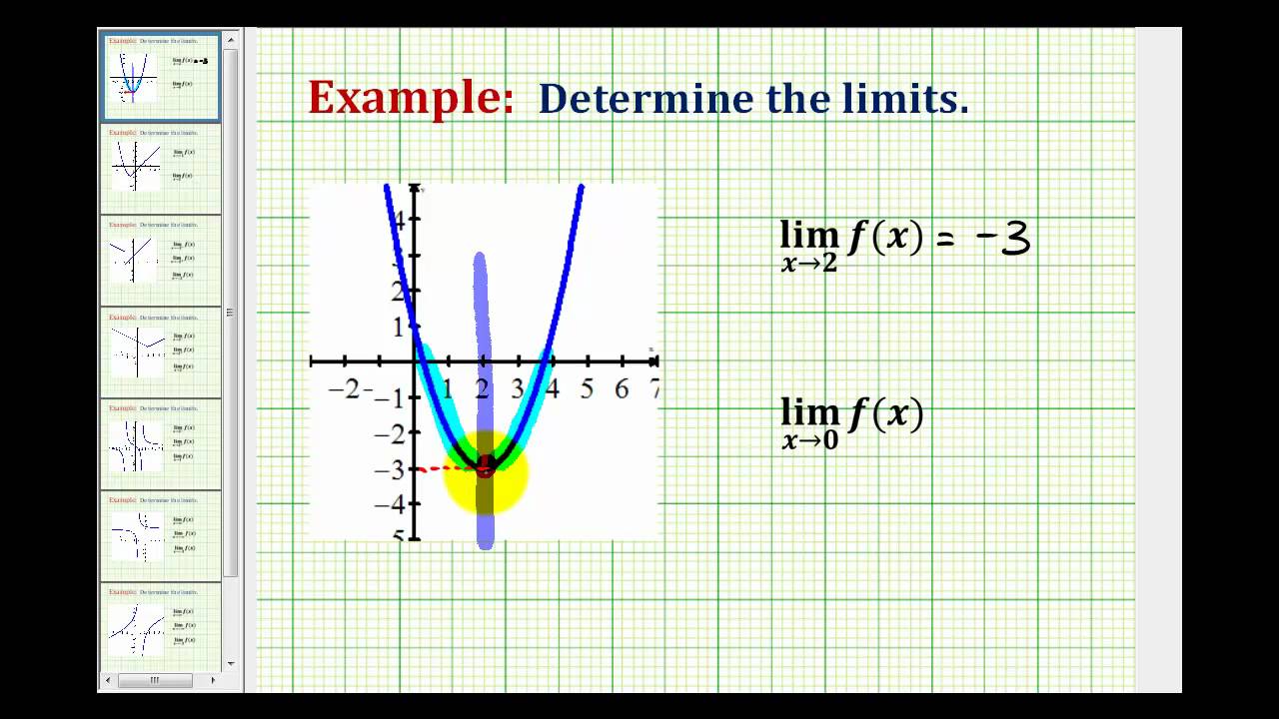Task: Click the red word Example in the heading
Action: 410,98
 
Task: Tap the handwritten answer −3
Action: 1002,240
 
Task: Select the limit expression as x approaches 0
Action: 851,421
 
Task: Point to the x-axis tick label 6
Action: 622,388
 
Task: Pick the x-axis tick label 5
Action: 587,388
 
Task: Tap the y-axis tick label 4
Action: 399,221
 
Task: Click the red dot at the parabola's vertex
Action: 485,465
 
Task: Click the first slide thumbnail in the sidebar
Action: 160,77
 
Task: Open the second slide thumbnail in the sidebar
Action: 160,168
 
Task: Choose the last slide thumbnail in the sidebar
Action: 160,627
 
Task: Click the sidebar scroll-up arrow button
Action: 231,41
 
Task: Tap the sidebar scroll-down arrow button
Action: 231,663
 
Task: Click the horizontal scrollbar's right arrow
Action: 213,680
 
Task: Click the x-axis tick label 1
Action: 447,388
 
